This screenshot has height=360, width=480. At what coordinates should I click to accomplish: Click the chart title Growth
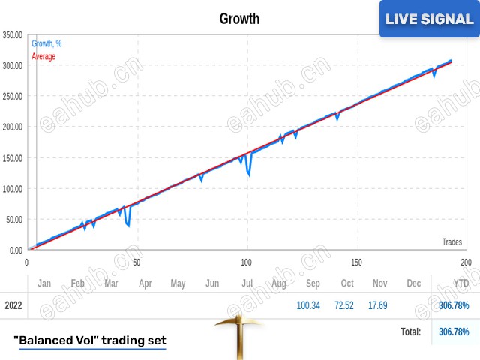(239, 19)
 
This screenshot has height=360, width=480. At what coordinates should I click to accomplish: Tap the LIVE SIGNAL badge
(429, 19)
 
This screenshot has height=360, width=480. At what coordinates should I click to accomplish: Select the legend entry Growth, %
(46, 43)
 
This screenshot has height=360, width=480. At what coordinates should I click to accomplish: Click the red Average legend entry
(44, 55)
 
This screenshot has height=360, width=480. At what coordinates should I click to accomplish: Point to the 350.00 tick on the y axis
(13, 34)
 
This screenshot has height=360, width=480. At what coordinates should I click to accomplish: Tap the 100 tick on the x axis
(246, 262)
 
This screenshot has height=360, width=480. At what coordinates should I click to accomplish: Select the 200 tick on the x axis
(466, 262)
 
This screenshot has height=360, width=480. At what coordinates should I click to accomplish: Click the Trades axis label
(451, 241)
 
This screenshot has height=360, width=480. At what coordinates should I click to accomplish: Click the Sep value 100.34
(308, 305)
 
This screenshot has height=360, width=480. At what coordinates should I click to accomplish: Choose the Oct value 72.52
(346, 305)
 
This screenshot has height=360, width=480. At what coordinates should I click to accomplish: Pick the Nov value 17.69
(379, 305)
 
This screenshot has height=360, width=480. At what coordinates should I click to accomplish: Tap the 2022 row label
(13, 305)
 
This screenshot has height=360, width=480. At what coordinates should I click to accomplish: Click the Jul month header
(246, 283)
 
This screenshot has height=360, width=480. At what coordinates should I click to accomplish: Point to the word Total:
(409, 331)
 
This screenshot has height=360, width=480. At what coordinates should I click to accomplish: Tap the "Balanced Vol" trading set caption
(90, 340)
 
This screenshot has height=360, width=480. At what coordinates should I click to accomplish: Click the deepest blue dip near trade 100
(249, 177)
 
